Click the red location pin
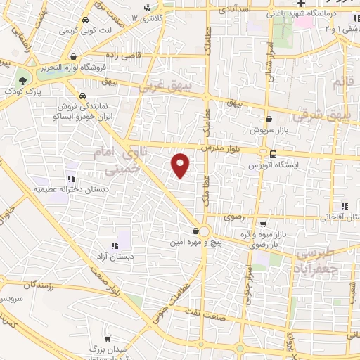(181, 165)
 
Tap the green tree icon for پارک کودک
(23, 79)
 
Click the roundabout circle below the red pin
(204, 231)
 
